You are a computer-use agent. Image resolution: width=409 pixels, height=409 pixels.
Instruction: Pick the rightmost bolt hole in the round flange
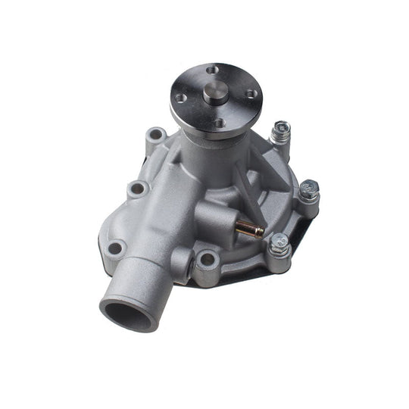(x=253, y=94)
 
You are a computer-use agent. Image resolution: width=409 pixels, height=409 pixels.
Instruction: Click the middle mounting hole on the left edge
(x=138, y=188)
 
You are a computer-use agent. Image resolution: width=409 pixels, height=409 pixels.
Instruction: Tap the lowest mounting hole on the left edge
(x=116, y=248)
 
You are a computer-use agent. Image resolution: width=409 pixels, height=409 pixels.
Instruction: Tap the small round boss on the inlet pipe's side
(x=180, y=261)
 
